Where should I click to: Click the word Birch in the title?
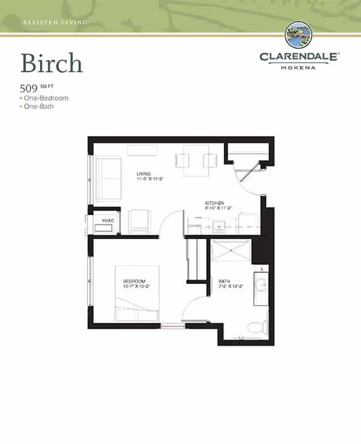coord(51,63)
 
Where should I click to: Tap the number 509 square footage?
coord(29,89)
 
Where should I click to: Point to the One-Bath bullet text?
coord(41,107)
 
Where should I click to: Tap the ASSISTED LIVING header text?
coord(55,23)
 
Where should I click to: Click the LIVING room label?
coord(145,174)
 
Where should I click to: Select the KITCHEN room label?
coord(217,203)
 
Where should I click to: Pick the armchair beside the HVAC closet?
coord(139,222)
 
